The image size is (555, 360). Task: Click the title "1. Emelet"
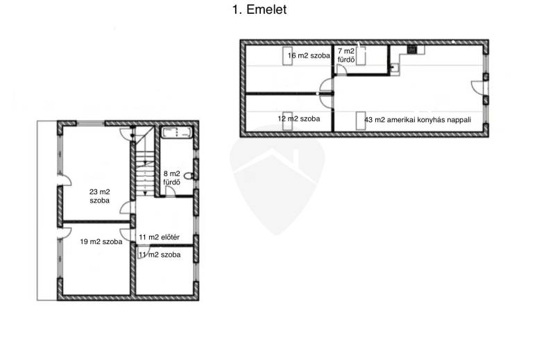point(259,10)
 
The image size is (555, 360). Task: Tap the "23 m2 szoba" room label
point(99,196)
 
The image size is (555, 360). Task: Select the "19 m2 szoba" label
point(101,242)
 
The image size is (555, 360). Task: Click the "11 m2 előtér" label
point(159,237)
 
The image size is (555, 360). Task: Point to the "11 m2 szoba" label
point(160,255)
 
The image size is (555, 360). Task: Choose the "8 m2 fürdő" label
point(171,178)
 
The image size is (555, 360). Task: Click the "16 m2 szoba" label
point(309,55)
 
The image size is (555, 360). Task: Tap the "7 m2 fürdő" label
point(346,55)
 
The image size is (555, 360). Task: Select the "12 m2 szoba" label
point(299,119)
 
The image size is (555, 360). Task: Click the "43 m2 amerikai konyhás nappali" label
point(418,119)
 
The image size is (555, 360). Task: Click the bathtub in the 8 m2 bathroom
point(177,132)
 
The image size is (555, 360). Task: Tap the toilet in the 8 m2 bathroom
point(189,175)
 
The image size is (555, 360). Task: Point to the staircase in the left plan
point(144,161)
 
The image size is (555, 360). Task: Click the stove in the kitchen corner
point(411,49)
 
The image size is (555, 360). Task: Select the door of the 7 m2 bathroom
point(341,70)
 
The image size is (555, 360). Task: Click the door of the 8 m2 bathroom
point(171,191)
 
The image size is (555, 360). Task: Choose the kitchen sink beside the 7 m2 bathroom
point(394,67)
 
